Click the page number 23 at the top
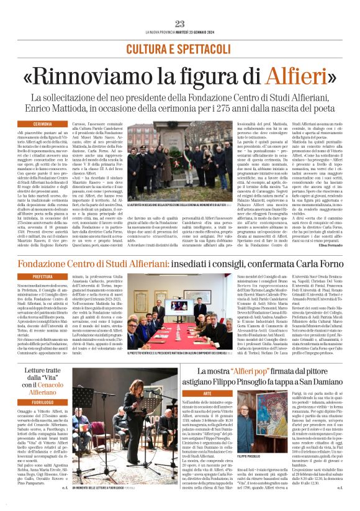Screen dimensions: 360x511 pos(180,24)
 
